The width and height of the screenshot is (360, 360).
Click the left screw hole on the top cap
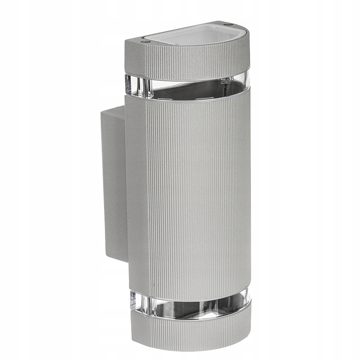tap(144, 41)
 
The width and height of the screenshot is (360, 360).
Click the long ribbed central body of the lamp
tap(198, 193)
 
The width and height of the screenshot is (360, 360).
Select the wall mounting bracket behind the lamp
tap(112, 180)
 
